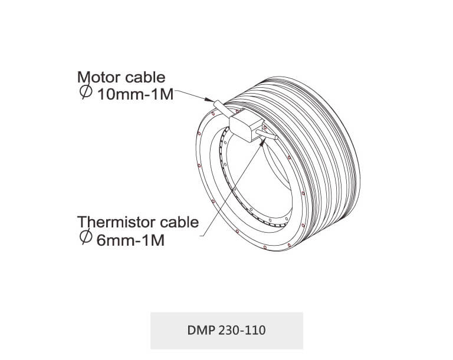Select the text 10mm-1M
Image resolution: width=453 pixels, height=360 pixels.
(x=136, y=94)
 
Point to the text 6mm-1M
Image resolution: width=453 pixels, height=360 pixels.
(x=130, y=240)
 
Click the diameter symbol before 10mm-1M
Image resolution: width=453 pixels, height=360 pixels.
(x=86, y=92)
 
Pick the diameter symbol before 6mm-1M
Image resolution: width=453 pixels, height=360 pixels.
(x=86, y=237)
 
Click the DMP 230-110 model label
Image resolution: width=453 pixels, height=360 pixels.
(x=226, y=331)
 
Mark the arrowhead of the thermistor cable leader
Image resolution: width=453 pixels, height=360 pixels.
(x=262, y=142)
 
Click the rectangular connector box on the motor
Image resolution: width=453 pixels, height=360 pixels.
(x=246, y=125)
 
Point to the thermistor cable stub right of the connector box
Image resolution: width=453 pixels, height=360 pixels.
(x=267, y=135)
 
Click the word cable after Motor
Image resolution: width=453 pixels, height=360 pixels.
(x=145, y=77)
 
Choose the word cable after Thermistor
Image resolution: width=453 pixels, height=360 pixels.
(x=179, y=222)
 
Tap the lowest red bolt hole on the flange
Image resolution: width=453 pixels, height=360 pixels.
(x=265, y=247)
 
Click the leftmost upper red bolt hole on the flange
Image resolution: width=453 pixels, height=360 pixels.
(x=199, y=133)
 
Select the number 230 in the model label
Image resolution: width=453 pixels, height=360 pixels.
(x=228, y=331)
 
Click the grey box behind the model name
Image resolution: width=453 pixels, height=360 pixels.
(x=226, y=331)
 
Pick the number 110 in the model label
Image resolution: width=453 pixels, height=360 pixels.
(x=256, y=331)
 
